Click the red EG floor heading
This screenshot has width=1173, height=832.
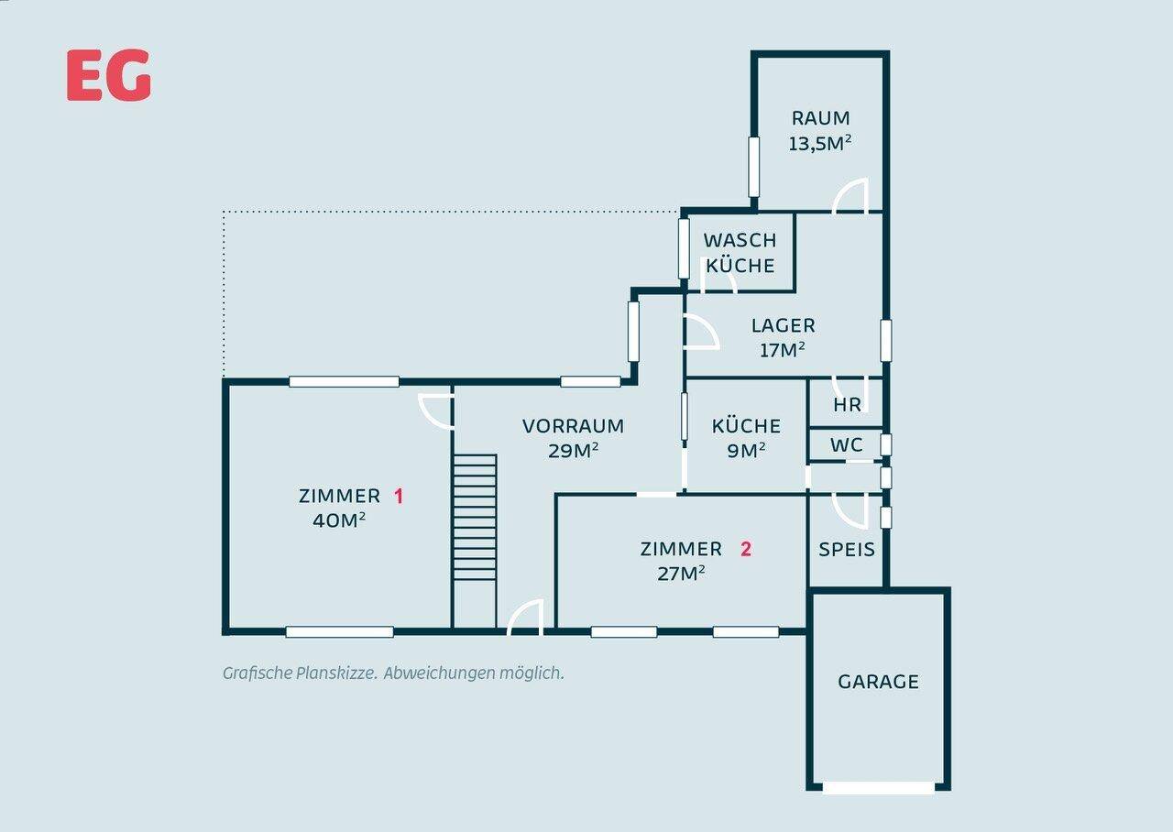pos(109,75)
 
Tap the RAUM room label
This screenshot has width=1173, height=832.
pos(820,118)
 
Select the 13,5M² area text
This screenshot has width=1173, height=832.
pos(820,142)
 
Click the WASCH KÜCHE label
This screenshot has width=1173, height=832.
pos(740,253)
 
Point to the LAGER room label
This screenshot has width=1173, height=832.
pos(783,325)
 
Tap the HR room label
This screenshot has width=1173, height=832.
pos(848,404)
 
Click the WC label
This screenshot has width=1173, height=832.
pos(847,445)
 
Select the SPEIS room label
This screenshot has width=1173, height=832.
pos(847,549)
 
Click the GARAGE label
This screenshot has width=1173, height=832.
pos(878,681)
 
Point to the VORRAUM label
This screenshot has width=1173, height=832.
pos(573,426)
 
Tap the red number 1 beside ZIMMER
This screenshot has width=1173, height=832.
pos(399,496)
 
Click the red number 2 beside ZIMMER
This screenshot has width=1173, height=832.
pos(746,549)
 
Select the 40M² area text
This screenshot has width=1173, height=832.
pos(339,520)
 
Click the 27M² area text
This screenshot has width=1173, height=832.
pos(681,574)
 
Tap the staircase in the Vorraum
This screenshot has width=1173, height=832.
pos(475,518)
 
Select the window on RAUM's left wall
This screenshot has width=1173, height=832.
pos(753,167)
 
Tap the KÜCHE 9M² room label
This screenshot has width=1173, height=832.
pos(746,438)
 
